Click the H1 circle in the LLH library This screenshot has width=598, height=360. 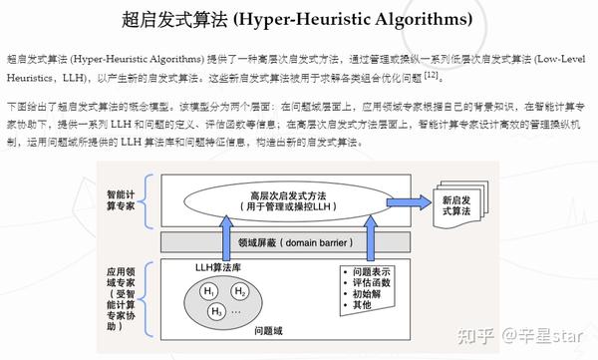pos(209,291)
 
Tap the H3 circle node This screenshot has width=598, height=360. pos(216,311)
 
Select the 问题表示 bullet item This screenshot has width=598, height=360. pos(371,270)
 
